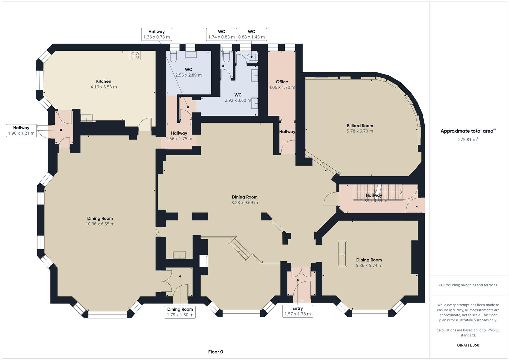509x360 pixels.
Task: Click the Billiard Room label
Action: pyautogui.click(x=360, y=126)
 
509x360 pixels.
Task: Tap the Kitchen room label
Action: pyautogui.click(x=103, y=81)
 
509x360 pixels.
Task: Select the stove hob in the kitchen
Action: pyautogui.click(x=135, y=55)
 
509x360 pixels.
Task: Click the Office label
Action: pyautogui.click(x=282, y=82)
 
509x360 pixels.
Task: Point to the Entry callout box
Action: pyautogui.click(x=297, y=311)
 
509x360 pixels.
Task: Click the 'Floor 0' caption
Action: pyautogui.click(x=215, y=352)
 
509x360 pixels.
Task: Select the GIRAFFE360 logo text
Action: pyautogui.click(x=468, y=345)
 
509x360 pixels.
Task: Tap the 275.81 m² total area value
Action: pyautogui.click(x=468, y=140)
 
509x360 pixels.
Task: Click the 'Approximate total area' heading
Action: pyautogui.click(x=468, y=131)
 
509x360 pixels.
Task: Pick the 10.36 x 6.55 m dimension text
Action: pyautogui.click(x=100, y=224)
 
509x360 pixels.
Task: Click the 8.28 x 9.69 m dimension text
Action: pyautogui.click(x=245, y=202)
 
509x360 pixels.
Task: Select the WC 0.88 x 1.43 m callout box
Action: pyautogui.click(x=251, y=34)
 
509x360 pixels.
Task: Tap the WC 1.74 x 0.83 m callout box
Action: pyautogui.click(x=221, y=34)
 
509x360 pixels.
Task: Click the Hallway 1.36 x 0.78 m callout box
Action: pyautogui.click(x=156, y=34)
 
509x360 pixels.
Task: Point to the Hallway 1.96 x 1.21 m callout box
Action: pyautogui.click(x=21, y=130)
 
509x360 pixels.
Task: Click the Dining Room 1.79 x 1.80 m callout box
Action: pyautogui.click(x=180, y=312)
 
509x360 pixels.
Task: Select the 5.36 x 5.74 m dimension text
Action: pyautogui.click(x=369, y=265)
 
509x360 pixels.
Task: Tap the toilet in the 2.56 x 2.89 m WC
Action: pyautogui.click(x=173, y=57)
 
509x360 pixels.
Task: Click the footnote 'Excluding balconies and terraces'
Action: pyautogui.click(x=468, y=285)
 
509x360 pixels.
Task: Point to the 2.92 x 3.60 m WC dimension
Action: pyautogui.click(x=238, y=100)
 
